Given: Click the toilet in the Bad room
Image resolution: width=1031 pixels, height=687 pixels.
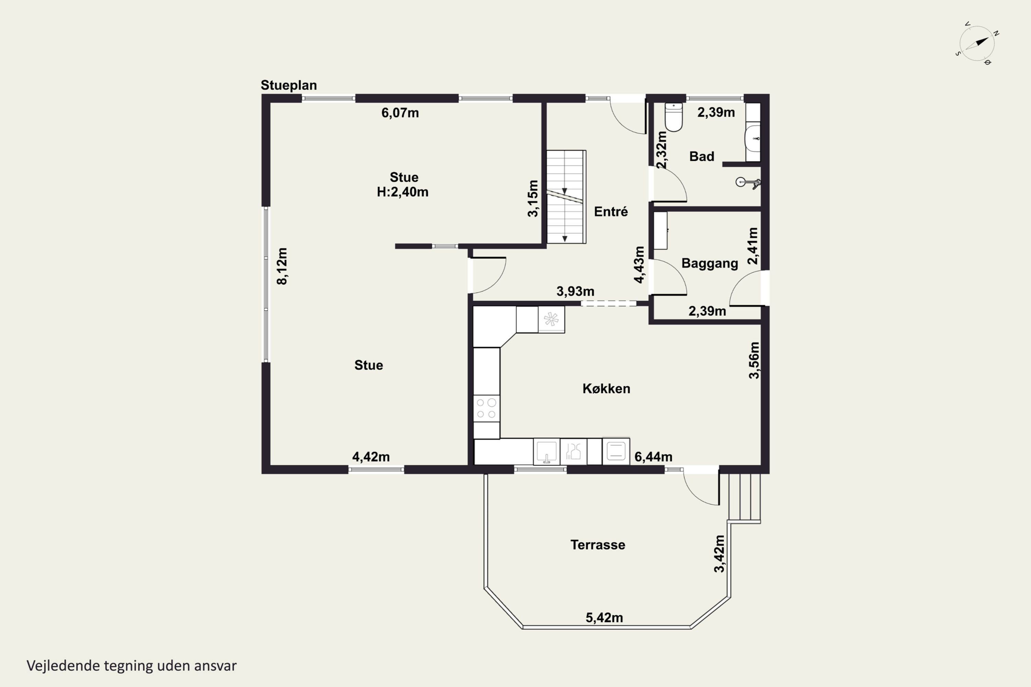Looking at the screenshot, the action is (x=673, y=117).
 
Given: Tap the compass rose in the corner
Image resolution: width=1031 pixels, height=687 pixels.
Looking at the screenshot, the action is (x=977, y=43).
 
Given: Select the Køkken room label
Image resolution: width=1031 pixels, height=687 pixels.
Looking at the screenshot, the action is (x=606, y=388).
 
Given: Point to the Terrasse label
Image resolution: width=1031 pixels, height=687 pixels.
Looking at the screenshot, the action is (x=598, y=544).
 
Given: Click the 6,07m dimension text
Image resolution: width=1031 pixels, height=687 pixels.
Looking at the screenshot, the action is (x=400, y=113).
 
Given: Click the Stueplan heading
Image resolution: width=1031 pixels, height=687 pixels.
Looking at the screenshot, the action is (x=288, y=85).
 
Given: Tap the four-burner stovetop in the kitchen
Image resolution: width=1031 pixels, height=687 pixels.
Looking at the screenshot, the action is (x=487, y=408).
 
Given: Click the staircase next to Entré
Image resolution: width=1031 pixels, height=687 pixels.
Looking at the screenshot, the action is (x=566, y=197).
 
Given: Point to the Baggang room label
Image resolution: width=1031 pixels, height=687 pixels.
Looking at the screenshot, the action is (x=710, y=263).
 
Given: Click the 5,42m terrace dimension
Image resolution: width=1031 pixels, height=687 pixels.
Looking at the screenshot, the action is (x=604, y=618).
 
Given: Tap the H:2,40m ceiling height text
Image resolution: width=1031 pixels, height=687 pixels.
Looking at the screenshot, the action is (x=402, y=192).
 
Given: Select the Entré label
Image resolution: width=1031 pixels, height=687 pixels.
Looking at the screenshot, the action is (x=611, y=212).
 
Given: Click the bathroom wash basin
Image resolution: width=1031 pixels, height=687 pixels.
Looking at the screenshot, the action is (x=753, y=139).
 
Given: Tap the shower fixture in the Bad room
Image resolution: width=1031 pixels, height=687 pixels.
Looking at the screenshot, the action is (x=748, y=183).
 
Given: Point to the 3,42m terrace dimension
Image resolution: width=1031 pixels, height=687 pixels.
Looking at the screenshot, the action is (x=719, y=553).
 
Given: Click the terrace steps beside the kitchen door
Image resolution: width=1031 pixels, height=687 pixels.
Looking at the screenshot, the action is (x=744, y=498).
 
